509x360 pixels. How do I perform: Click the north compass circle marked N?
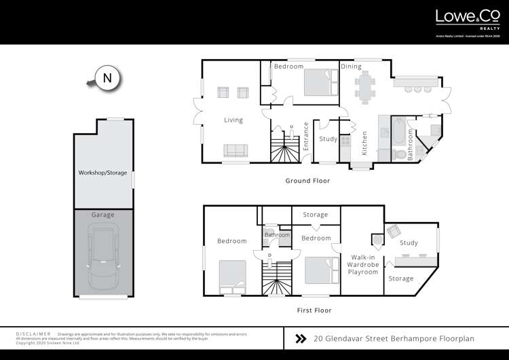coord(107,78)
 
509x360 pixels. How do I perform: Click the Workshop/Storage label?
coord(102,173)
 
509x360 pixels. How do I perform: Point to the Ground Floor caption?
coord(307,181)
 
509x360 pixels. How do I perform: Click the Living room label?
coord(233,120)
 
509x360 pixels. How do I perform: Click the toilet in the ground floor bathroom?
coord(401,155)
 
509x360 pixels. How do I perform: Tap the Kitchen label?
coord(364,143)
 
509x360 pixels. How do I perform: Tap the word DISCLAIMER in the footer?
coord(33,334)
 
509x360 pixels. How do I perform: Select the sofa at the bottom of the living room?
coord(235,151)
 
